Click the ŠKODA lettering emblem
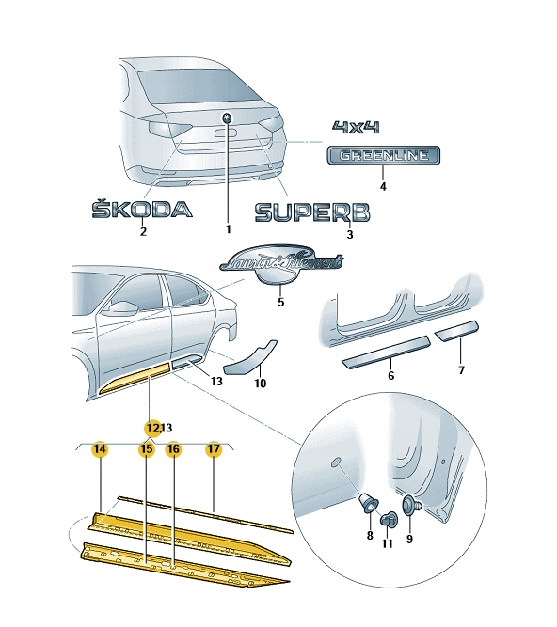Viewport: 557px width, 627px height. click(141, 210)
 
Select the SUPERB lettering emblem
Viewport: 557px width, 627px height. click(312, 214)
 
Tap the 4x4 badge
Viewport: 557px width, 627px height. click(358, 127)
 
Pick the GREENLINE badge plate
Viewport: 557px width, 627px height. click(383, 156)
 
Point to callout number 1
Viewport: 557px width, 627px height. click(227, 228)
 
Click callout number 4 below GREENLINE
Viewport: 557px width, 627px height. click(383, 186)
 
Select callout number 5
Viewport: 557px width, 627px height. click(279, 302)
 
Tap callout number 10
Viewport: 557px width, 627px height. click(261, 383)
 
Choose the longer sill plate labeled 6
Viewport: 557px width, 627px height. click(386, 353)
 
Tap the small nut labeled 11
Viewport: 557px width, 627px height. click(388, 518)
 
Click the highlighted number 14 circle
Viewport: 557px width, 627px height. click(99, 449)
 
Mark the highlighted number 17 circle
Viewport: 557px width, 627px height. click(214, 449)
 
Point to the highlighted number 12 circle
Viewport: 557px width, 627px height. click(151, 427)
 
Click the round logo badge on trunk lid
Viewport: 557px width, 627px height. click(226, 118)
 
